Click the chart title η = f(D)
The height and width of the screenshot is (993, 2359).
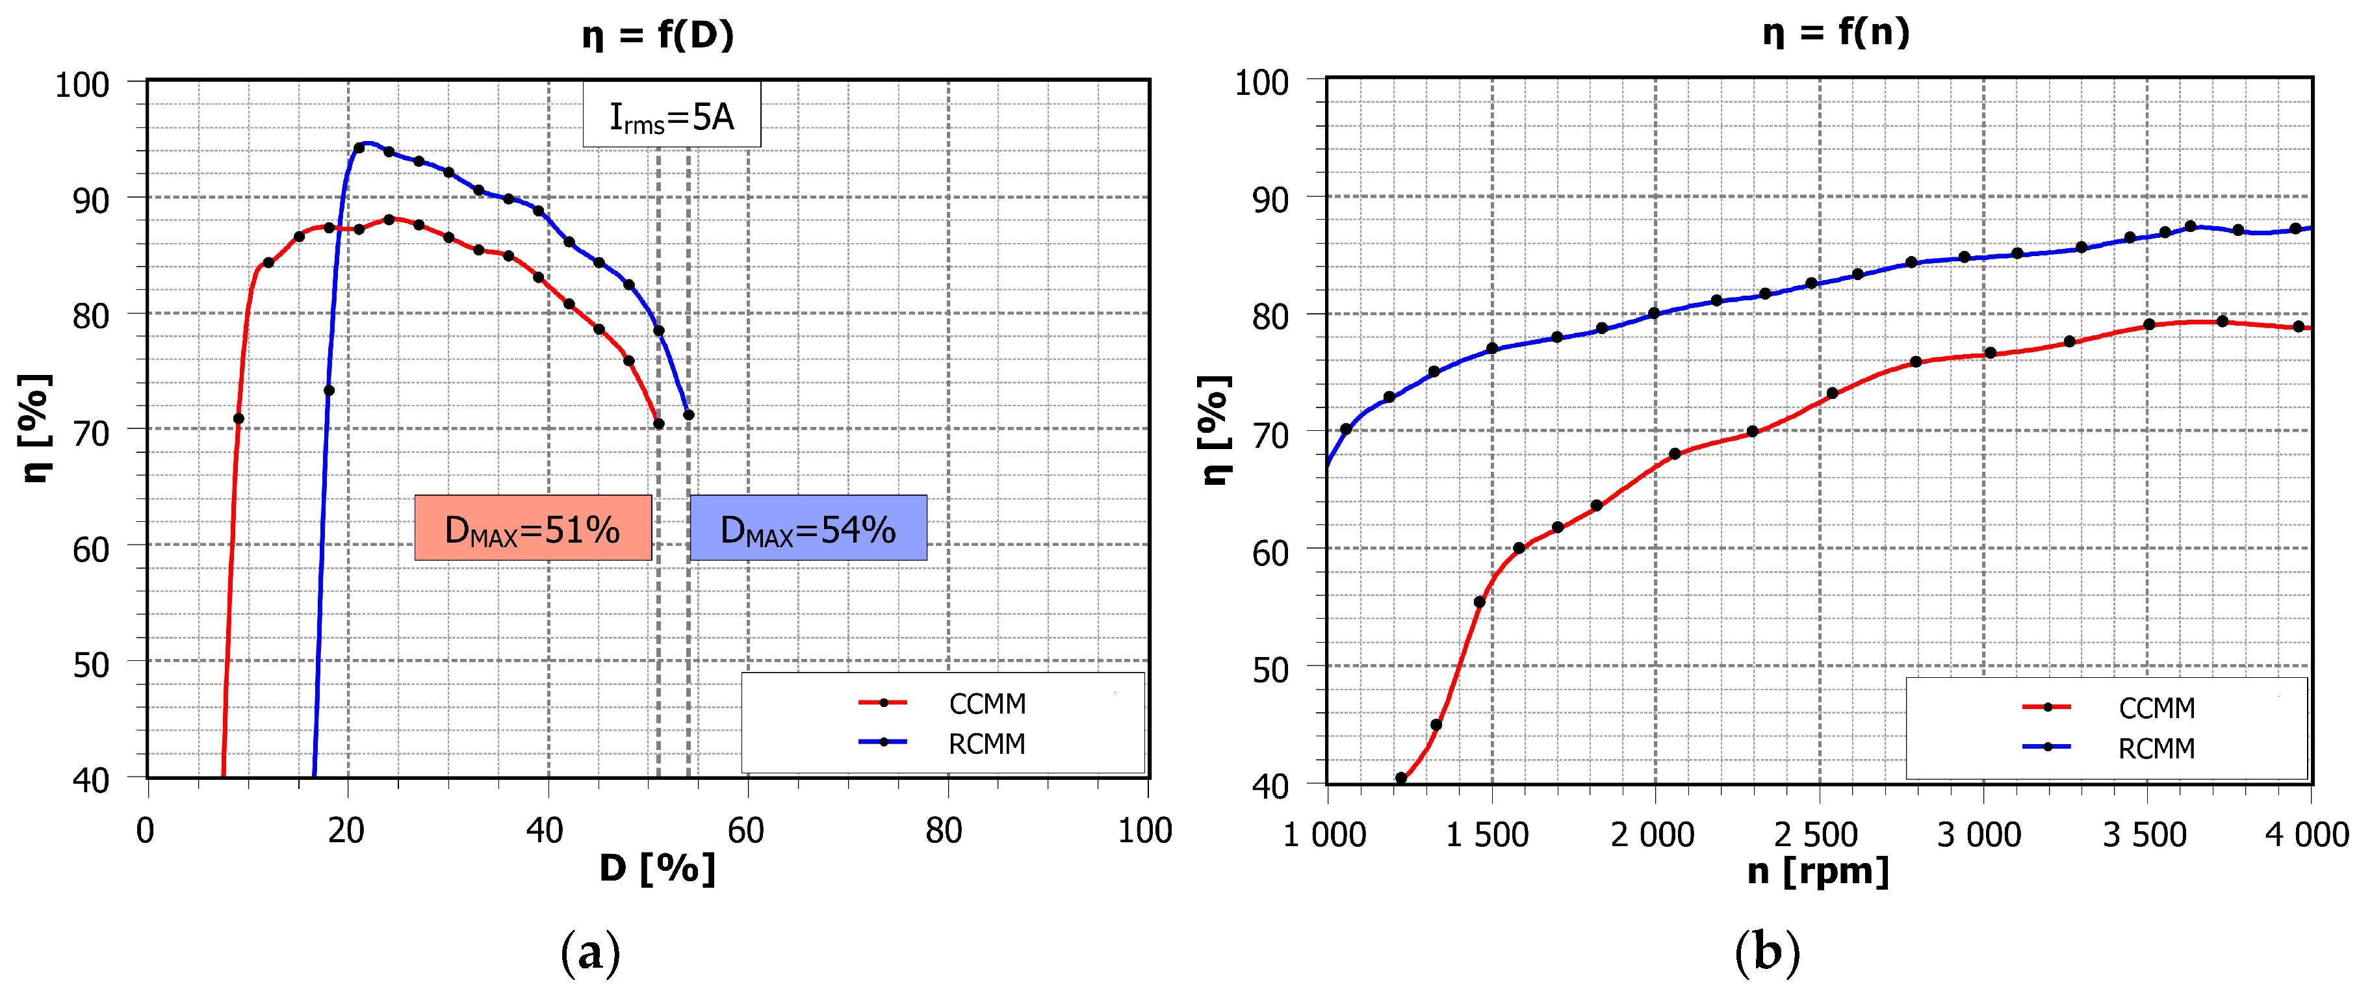pos(658,36)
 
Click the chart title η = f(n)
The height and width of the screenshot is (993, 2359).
pos(1836,33)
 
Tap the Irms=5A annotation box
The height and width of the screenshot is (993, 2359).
pos(671,116)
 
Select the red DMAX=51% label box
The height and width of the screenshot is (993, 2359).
pos(532,528)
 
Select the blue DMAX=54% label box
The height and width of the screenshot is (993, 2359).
pos(808,528)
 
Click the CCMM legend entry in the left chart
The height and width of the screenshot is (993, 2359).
pos(943,704)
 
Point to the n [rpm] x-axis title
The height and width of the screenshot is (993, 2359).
pos(1818,870)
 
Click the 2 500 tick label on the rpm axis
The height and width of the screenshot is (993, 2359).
pos(1816,834)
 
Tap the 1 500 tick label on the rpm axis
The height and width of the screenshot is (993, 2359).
pos(1487,834)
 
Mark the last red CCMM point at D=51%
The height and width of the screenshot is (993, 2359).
pos(658,423)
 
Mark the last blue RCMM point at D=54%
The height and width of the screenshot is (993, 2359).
pos(689,415)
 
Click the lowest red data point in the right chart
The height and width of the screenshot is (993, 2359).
pos(1401,778)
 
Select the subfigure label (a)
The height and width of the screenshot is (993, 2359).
pos(590,953)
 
